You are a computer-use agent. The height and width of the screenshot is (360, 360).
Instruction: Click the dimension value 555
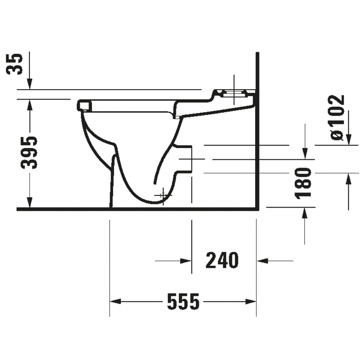tap(183, 301)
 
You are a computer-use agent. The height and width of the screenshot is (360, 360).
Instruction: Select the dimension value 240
tap(221, 261)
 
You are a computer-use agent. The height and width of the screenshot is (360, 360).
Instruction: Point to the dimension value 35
tap(17, 63)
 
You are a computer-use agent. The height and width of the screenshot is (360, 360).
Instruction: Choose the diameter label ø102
tap(337, 117)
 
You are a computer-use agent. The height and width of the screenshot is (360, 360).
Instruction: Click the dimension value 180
tap(304, 183)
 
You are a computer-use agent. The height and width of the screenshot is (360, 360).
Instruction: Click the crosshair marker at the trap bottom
tap(163, 195)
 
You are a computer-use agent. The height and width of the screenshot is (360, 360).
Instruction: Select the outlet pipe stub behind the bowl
tap(185, 159)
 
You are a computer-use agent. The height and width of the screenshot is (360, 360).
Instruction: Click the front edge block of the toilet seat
tap(85, 105)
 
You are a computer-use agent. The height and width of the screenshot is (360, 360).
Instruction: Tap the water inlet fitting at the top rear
tap(234, 93)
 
